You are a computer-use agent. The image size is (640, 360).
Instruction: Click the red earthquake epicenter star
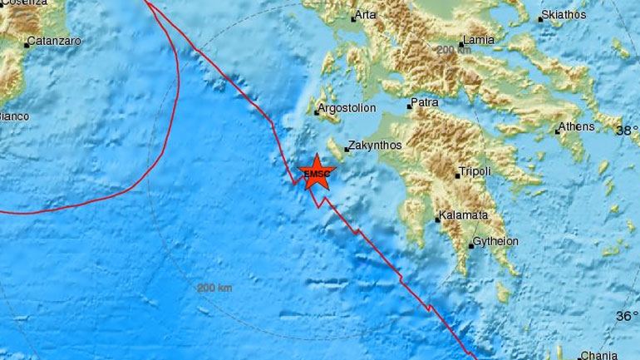(317, 172)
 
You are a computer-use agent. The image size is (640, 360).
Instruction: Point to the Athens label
(578, 126)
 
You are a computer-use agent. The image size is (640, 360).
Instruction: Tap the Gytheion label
(495, 241)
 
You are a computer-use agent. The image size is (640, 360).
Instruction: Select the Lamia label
(483, 39)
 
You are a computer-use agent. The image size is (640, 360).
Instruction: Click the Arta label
(366, 15)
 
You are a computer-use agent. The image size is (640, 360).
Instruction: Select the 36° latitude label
(627, 316)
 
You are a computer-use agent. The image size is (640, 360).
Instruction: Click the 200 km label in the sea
(214, 288)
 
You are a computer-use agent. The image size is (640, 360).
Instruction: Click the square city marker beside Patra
(409, 106)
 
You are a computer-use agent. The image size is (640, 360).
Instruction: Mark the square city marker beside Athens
(557, 131)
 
